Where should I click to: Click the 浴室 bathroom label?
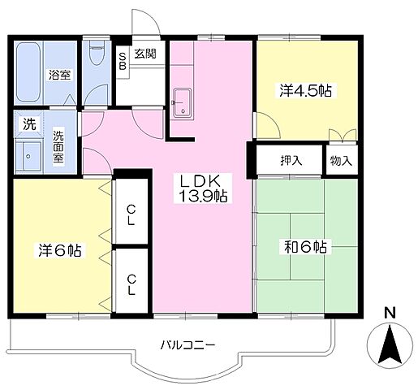[59, 75]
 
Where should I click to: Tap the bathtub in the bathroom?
[28, 71]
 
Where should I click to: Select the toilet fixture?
[97, 52]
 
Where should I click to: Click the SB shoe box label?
[123, 61]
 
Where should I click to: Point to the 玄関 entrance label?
[145, 54]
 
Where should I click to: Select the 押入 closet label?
[291, 161]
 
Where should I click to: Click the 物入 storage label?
[341, 161]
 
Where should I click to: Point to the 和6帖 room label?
[305, 247]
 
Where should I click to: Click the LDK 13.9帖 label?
[203, 188]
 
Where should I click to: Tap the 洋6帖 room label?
[60, 250]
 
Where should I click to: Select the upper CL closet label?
[131, 215]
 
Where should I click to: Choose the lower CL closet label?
[131, 285]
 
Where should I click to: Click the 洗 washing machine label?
[29, 123]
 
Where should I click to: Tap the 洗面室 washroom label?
[58, 146]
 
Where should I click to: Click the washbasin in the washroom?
[28, 156]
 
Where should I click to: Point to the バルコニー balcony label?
[188, 345]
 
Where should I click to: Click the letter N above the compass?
[390, 313]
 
